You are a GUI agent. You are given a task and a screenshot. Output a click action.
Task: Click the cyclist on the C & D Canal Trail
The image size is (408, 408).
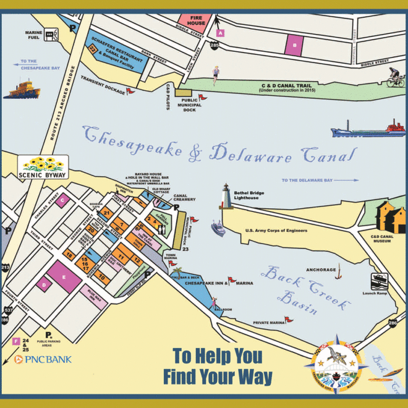(x=395, y=77)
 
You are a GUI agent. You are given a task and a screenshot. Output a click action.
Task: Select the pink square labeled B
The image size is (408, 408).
(x=295, y=44)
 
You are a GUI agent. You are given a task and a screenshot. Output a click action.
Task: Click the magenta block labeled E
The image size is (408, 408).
(x=64, y=278)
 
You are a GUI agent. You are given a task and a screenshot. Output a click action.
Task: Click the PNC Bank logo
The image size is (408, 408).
(x=43, y=359)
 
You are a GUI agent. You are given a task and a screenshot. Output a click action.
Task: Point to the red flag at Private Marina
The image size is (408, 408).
(x=288, y=320)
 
